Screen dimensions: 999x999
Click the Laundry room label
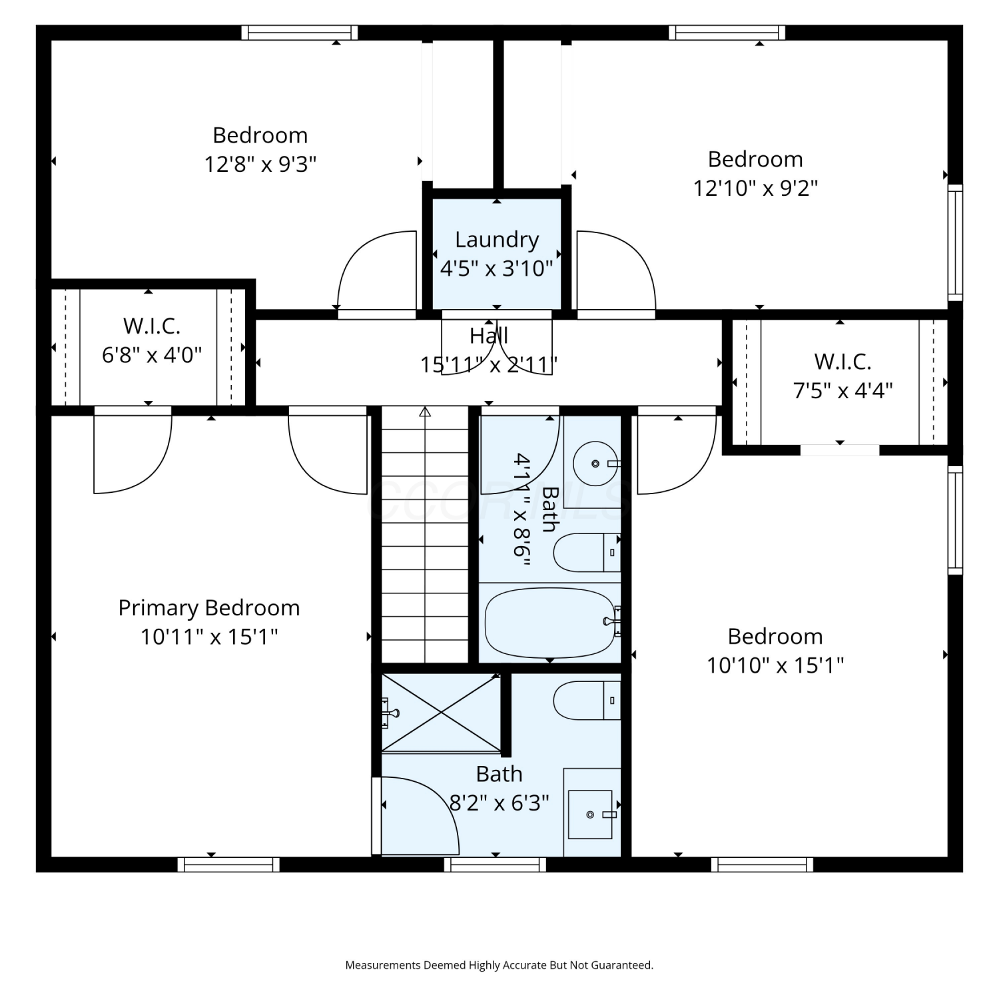tap(497, 240)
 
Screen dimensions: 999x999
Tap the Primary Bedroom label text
tap(209, 608)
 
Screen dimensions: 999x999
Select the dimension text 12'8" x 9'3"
tap(260, 164)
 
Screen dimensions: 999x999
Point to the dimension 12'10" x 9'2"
tap(755, 188)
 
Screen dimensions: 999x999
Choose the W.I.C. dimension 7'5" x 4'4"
tap(843, 390)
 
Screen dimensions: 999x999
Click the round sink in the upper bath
tap(596, 464)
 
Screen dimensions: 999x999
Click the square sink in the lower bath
tap(590, 815)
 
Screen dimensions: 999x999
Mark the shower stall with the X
tap(441, 713)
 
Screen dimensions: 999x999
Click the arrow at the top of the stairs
tap(425, 412)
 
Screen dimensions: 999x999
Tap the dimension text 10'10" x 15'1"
tap(775, 665)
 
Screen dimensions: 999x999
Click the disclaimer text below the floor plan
tap(499, 965)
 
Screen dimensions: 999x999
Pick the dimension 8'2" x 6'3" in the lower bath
tap(499, 803)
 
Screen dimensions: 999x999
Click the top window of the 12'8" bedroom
tap(300, 33)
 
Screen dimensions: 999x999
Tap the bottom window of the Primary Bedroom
tap(228, 864)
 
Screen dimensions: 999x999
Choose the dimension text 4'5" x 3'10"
tap(497, 268)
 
